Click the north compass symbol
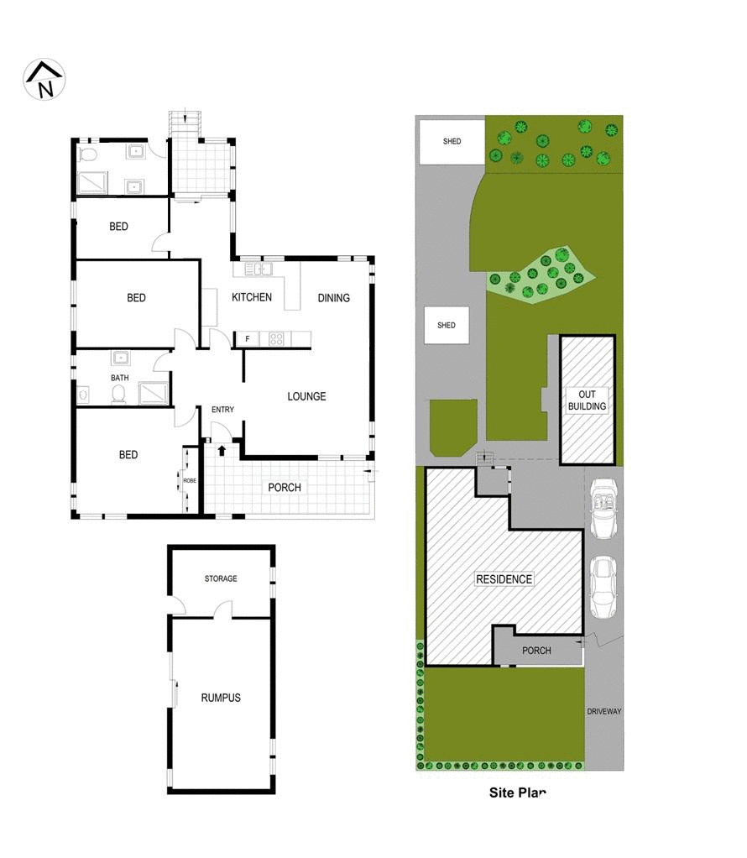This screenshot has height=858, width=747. (44, 80)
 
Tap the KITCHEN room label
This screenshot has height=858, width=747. (252, 297)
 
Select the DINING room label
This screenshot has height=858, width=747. (333, 298)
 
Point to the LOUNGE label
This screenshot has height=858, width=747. (306, 396)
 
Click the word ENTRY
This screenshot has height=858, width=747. (223, 410)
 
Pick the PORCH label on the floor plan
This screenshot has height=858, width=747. (284, 488)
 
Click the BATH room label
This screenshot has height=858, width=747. (120, 378)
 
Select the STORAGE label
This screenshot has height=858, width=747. (221, 578)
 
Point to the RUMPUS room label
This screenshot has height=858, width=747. (221, 698)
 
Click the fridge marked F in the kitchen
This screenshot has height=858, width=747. (248, 339)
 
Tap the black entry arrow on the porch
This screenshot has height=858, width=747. (222, 451)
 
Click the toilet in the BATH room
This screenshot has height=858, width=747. (118, 394)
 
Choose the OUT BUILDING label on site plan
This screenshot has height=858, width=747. (587, 400)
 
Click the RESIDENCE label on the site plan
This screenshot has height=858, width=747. (504, 579)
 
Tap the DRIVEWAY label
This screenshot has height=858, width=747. (604, 711)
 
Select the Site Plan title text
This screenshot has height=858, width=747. (518, 793)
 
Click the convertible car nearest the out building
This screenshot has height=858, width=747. (604, 509)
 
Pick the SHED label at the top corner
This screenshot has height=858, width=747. (452, 142)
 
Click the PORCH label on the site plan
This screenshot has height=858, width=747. (536, 651)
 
